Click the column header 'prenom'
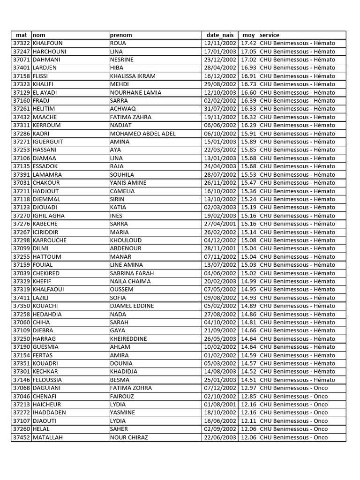pos(121,35)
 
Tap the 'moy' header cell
pos(248,35)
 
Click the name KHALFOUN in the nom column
pos(47,43)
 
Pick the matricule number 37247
pos(21,52)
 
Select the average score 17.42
pos(248,43)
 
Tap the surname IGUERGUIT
pos(48,142)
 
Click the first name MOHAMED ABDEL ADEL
pos(142,134)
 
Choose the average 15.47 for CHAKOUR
pos(248,183)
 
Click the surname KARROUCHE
pos(50,240)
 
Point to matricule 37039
pos(21,273)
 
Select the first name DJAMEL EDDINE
pos(132,306)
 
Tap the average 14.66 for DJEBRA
pos(248,330)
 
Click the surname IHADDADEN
pos(49,412)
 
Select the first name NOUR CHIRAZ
pos(129,437)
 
